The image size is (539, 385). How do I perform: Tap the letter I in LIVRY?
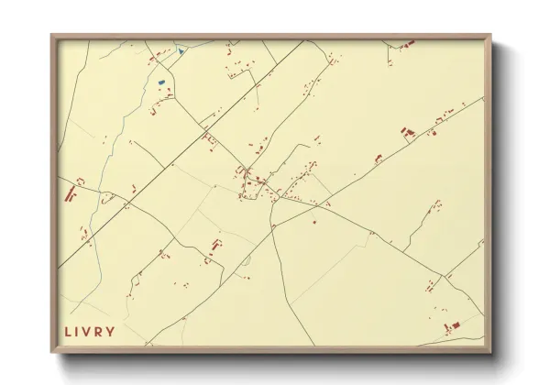point(79,331)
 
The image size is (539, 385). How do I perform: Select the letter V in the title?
point(89,331)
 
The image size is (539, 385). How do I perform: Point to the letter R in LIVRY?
point(101,331)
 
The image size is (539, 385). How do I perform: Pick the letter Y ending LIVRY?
point(112,331)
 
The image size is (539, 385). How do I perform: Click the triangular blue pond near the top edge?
point(181,50)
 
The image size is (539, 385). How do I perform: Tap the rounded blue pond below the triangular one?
point(161,82)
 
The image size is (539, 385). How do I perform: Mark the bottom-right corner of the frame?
point(490,352)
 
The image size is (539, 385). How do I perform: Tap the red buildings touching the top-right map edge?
point(408,43)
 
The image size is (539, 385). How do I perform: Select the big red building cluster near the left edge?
point(70,193)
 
